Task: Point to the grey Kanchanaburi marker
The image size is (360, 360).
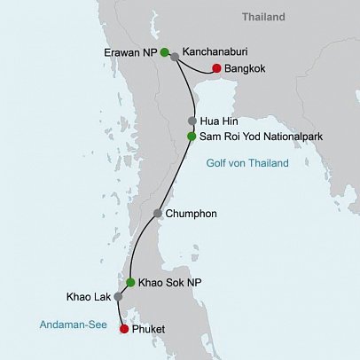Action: [175, 57]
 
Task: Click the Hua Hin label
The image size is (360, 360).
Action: [219, 121]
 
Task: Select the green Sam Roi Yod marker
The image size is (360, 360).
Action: [192, 137]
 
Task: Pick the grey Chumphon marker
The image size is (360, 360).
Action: [157, 214]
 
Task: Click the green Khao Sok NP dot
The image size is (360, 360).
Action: [130, 283]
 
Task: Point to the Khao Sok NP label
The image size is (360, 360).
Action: [168, 283]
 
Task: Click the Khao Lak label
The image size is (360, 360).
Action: [88, 297]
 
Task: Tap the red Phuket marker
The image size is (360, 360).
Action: [123, 330]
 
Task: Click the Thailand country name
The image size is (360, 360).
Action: [264, 17]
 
